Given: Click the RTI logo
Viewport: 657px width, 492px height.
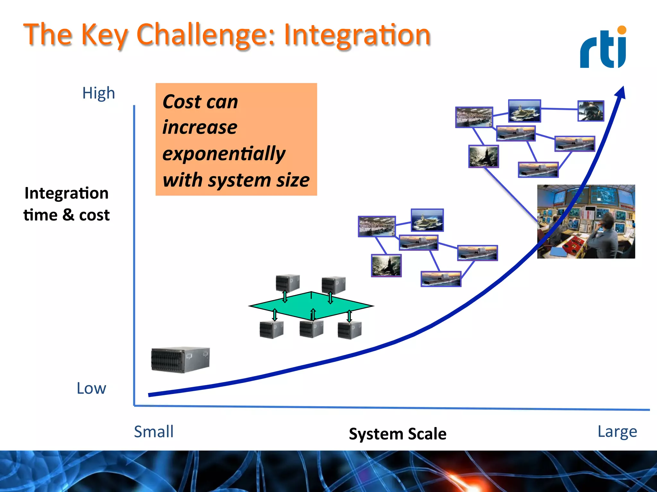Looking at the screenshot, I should [603, 48].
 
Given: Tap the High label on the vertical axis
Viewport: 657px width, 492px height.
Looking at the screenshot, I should [98, 93].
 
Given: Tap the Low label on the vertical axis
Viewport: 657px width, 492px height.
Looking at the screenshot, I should [91, 388].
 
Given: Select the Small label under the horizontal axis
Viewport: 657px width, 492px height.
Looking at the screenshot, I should [154, 431].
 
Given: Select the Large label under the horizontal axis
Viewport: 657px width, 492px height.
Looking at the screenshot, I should [617, 431].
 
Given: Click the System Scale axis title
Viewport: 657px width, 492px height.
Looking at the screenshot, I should [397, 434].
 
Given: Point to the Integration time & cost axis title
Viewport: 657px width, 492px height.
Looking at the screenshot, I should [66, 204].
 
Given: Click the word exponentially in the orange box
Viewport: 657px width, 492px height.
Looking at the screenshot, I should [224, 153].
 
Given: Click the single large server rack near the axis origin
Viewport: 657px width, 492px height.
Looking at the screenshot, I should [180, 359].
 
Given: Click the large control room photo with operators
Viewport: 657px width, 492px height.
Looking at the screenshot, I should [586, 222].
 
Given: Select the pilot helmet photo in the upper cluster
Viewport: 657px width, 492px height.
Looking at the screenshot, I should [591, 111].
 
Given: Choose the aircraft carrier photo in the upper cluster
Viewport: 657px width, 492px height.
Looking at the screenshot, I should [524, 111].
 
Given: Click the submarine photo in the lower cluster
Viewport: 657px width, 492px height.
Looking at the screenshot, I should [386, 266].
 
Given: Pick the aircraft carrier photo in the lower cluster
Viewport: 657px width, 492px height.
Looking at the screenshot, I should [427, 220].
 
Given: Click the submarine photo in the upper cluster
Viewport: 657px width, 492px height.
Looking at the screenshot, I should [483, 156].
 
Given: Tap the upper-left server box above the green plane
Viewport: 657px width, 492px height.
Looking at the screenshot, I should [288, 283].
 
